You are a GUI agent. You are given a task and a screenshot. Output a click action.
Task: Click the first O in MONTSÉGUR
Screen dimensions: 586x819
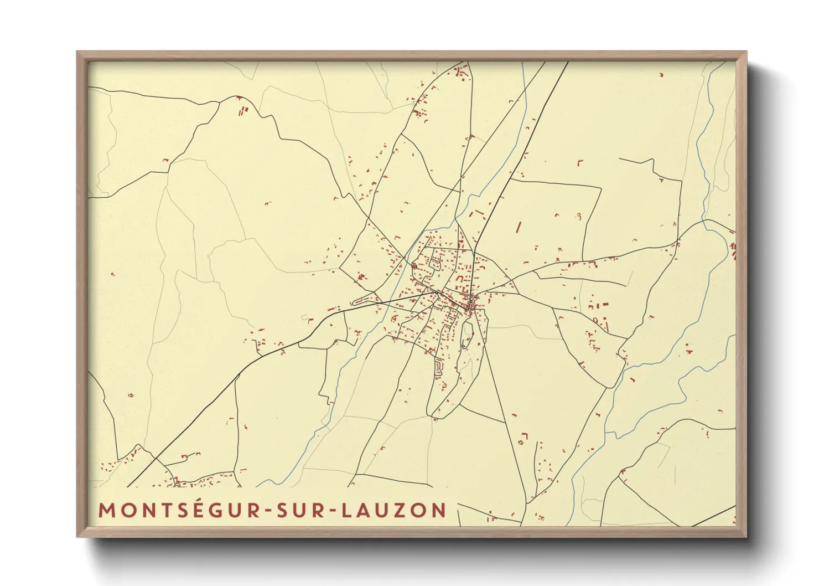click(126, 511)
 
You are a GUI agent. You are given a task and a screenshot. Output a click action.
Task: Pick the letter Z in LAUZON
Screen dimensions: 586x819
click(401, 511)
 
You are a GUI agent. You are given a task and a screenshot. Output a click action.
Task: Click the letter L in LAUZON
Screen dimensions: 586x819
click(345, 511)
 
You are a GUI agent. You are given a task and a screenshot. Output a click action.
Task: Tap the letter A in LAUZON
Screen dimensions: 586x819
click(362, 511)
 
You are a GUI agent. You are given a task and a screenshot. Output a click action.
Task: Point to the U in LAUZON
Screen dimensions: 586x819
click(382, 511)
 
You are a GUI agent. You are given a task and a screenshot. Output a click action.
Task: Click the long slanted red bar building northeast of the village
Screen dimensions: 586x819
click(519, 227)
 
